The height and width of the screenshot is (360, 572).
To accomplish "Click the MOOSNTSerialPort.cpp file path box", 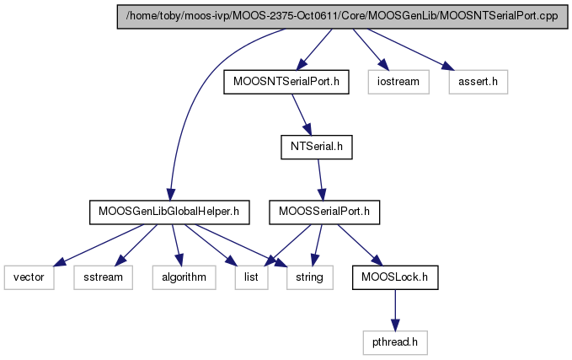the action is (x=342, y=16).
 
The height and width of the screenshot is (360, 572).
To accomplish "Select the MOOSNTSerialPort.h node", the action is (x=286, y=82).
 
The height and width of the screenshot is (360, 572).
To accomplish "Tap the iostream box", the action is (x=398, y=82).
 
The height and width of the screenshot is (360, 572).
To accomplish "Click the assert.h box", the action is (x=478, y=82).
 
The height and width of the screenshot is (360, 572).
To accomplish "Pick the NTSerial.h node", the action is (x=317, y=147).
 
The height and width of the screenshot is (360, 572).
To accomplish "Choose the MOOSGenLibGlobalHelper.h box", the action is (x=169, y=212).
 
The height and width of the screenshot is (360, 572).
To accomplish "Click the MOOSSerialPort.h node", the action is (x=324, y=212).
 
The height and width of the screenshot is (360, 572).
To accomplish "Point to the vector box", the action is (x=29, y=277).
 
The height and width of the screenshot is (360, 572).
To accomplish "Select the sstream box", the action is (x=104, y=277).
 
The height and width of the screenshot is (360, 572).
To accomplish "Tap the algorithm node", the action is (x=184, y=277).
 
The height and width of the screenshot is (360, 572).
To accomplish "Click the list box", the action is (x=251, y=277).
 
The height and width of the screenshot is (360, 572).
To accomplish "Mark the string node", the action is (x=310, y=277).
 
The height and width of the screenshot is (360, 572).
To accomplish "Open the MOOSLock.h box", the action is (x=395, y=277).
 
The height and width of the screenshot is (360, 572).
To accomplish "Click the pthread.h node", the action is (x=395, y=342).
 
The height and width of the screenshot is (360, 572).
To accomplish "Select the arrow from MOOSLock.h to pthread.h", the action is (x=395, y=310).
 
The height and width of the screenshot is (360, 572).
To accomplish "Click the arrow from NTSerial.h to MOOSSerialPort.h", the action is (x=320, y=180).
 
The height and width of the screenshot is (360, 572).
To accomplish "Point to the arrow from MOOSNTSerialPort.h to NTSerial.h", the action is (x=302, y=115).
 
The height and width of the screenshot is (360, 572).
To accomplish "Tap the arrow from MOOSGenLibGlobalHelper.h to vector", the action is (x=99, y=245).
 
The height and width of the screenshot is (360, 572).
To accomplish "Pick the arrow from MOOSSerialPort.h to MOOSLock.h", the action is (x=360, y=245).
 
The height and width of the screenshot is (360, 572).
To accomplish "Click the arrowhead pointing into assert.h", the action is (x=448, y=67).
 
